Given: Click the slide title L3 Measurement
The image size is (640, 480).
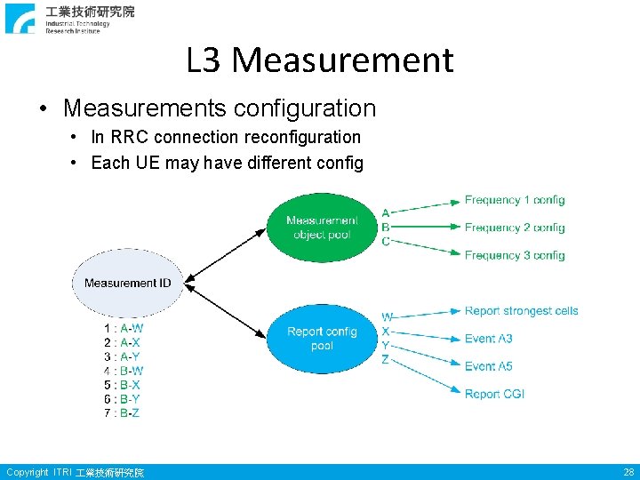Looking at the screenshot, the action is click(x=320, y=60).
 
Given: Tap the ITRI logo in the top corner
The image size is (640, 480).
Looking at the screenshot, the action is click(x=20, y=18).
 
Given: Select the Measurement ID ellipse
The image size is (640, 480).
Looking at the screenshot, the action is click(x=127, y=283).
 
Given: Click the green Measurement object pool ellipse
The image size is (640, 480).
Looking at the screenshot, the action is click(x=322, y=228).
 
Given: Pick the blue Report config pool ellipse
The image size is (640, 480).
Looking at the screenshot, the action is click(x=322, y=338).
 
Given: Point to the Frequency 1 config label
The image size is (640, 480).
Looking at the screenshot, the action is click(x=514, y=200).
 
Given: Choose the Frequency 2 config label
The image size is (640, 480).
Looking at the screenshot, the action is click(x=514, y=228).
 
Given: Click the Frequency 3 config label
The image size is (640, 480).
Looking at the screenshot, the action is click(x=514, y=255).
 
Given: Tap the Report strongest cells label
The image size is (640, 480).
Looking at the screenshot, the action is click(x=521, y=311).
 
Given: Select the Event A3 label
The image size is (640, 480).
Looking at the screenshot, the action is click(x=488, y=339).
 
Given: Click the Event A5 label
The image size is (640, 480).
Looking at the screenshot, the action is click(x=488, y=366).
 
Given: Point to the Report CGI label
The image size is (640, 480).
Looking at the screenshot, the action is click(x=494, y=394).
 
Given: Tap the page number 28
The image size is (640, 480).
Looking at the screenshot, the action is click(x=628, y=472).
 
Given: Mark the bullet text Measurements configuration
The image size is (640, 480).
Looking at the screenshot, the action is click(x=220, y=108).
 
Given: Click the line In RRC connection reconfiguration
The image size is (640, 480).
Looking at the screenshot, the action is click(x=226, y=137).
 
